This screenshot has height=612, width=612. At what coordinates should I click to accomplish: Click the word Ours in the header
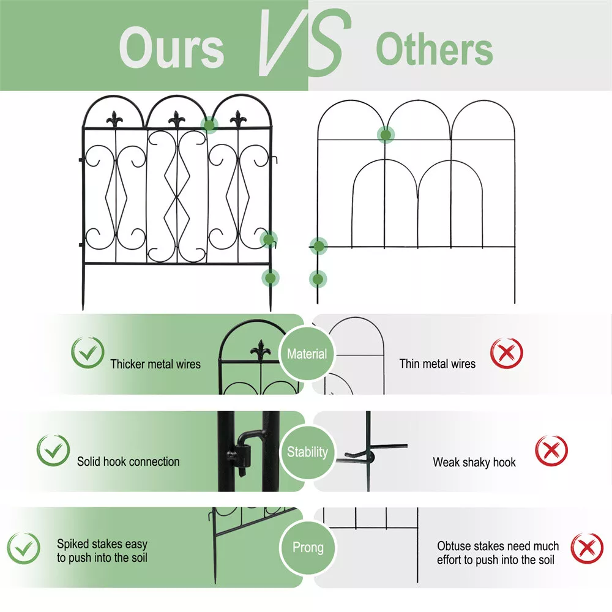click(x=171, y=48)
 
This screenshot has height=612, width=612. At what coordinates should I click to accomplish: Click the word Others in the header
click(x=435, y=49)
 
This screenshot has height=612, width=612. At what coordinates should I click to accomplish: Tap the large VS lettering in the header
click(x=304, y=42)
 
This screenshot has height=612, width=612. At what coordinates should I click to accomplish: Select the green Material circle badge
click(x=307, y=354)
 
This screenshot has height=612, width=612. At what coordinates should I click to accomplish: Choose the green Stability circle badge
click(x=307, y=452)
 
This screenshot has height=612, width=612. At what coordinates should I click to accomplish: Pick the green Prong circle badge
click(x=308, y=547)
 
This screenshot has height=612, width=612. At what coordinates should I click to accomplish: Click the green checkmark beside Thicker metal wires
click(x=88, y=352)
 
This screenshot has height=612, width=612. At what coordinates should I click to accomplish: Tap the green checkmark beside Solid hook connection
click(x=53, y=450)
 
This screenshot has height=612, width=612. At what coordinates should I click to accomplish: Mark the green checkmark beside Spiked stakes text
click(x=23, y=548)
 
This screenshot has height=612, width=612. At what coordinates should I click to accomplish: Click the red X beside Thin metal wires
click(x=506, y=353)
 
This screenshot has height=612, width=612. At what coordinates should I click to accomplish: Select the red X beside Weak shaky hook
click(x=551, y=450)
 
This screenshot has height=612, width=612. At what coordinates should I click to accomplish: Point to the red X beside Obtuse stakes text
click(x=587, y=548)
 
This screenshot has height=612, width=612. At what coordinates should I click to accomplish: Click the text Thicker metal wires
click(x=155, y=364)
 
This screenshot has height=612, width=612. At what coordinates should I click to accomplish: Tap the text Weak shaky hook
click(x=474, y=462)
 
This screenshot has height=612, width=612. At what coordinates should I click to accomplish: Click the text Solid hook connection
click(x=129, y=461)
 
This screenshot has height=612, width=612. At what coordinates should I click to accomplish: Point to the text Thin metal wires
click(x=437, y=364)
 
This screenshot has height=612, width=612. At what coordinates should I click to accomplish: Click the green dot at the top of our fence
click(x=209, y=125)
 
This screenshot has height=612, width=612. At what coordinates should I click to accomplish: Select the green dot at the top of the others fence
click(x=386, y=135)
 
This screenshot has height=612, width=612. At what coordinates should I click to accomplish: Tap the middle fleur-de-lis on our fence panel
click(x=177, y=119)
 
